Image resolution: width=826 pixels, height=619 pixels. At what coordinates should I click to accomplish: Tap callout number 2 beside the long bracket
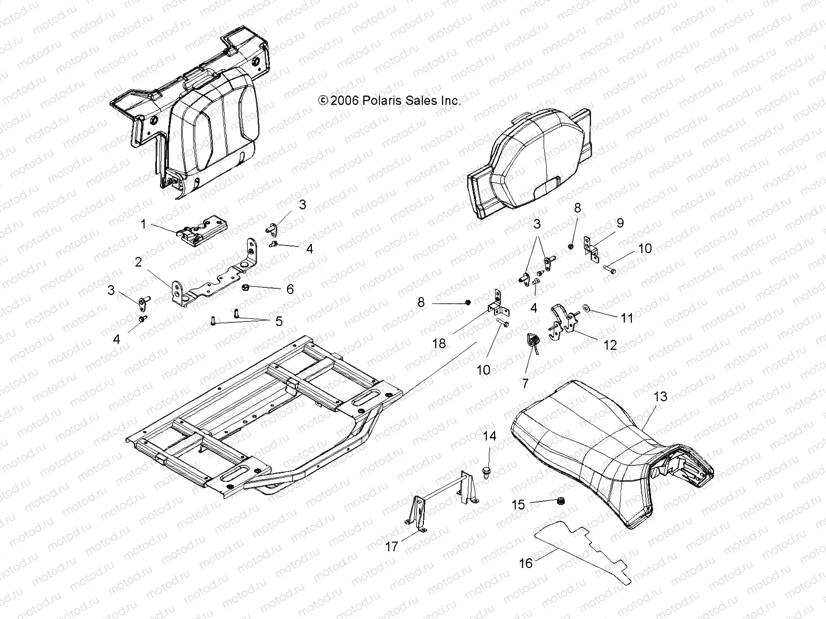tap(138, 262)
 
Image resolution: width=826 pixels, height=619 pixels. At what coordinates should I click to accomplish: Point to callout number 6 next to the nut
tap(290, 289)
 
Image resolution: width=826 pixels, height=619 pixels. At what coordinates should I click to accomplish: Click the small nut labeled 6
tap(246, 287)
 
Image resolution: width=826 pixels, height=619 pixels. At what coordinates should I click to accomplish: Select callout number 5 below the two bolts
tap(279, 321)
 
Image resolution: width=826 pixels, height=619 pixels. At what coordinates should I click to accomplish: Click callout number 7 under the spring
tap(526, 383)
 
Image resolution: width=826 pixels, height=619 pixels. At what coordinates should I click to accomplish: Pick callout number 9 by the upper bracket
tap(619, 223)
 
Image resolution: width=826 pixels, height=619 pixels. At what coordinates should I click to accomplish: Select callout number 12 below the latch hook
tap(610, 345)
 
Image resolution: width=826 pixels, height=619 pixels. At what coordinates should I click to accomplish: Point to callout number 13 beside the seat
tap(660, 396)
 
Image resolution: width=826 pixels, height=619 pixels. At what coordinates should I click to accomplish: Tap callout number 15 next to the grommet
tap(518, 504)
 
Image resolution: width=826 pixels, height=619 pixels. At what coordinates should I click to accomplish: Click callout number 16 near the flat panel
tap(526, 563)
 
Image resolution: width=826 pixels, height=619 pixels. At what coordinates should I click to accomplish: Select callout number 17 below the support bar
tap(392, 546)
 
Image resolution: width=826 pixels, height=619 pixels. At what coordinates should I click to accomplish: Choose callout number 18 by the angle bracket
tap(439, 343)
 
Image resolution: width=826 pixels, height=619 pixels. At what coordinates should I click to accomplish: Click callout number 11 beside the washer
tap(626, 318)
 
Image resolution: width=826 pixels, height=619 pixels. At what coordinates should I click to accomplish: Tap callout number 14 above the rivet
tap(489, 436)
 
